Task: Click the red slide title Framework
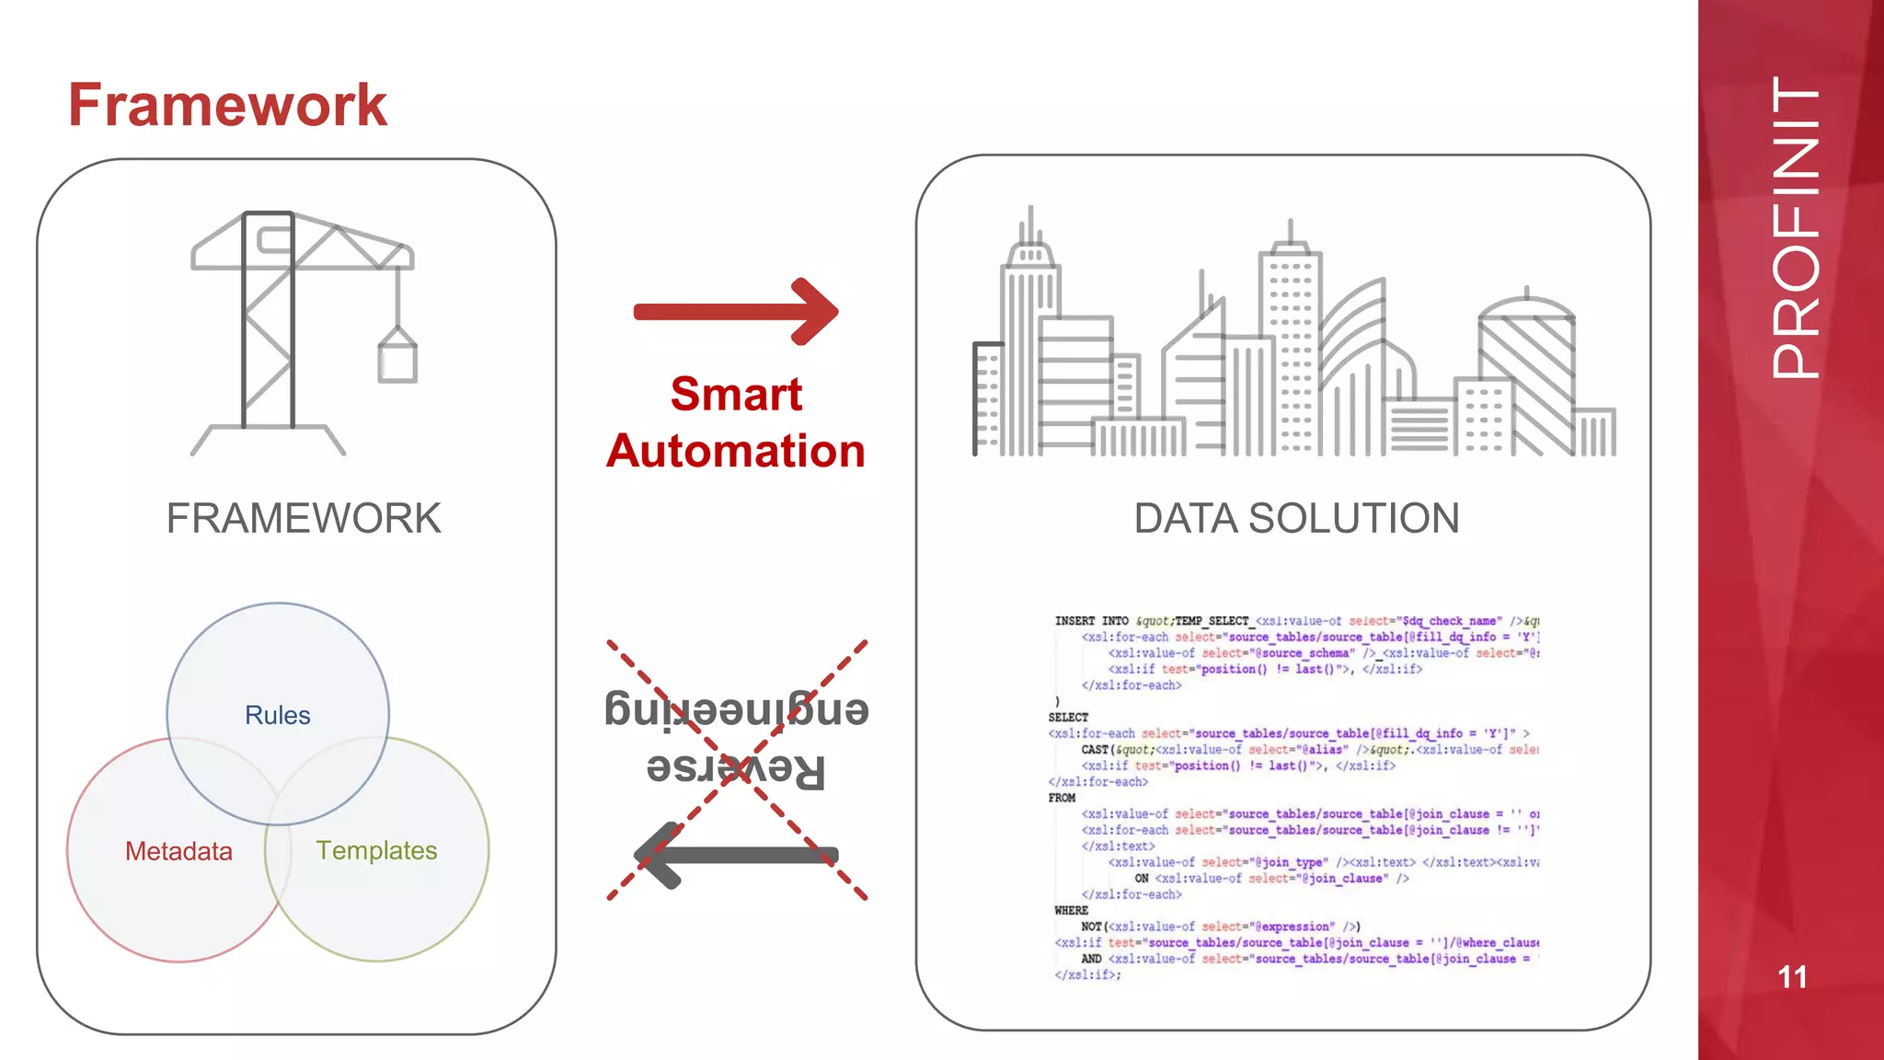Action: pyautogui.click(x=227, y=105)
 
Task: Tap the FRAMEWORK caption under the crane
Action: pyautogui.click(x=304, y=518)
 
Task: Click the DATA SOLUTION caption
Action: pyautogui.click(x=1295, y=518)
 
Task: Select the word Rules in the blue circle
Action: pyautogui.click(x=277, y=715)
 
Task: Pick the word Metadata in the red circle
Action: pyautogui.click(x=178, y=851)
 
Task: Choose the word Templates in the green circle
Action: pyautogui.click(x=376, y=850)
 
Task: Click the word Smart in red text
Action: pyautogui.click(x=736, y=394)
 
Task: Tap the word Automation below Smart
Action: pyautogui.click(x=736, y=451)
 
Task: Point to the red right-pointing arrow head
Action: pyautogui.click(x=815, y=312)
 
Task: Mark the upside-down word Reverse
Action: pyautogui.click(x=736, y=768)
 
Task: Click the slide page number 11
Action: pyautogui.click(x=1792, y=976)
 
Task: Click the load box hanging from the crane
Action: pyautogui.click(x=397, y=360)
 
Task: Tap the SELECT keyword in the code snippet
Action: pyautogui.click(x=1068, y=717)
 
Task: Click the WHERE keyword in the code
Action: pyautogui.click(x=1071, y=910)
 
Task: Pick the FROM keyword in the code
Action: pyautogui.click(x=1062, y=798)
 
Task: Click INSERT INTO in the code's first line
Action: pyautogui.click(x=1091, y=621)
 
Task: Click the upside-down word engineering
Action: pyautogui.click(x=736, y=709)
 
